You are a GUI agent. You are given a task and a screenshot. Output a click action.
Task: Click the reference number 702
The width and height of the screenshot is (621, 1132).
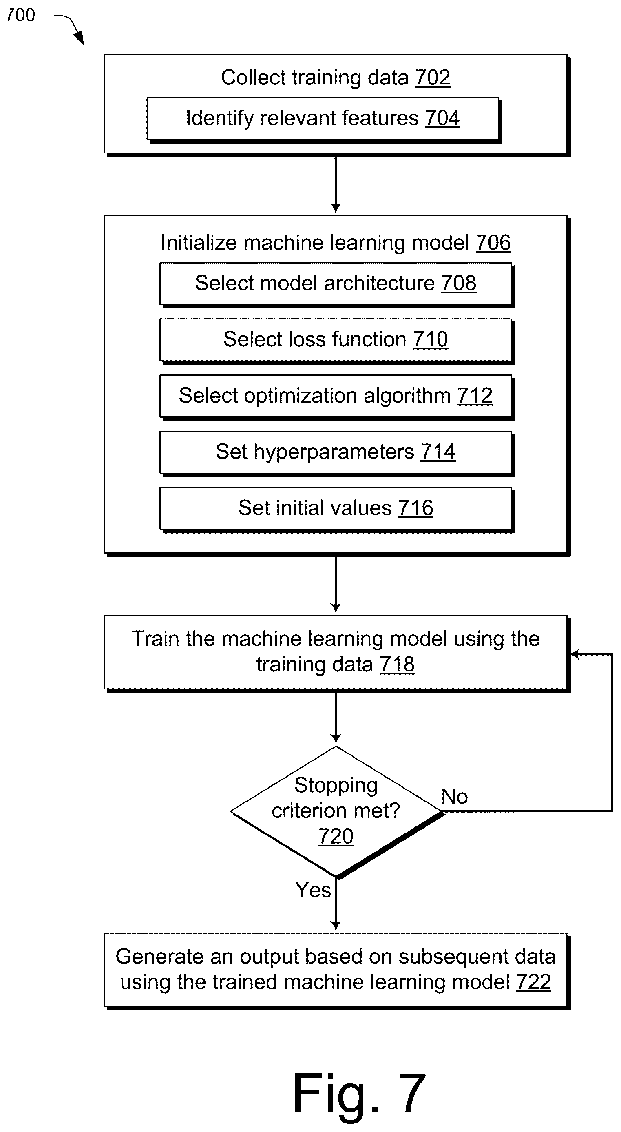[x=433, y=78]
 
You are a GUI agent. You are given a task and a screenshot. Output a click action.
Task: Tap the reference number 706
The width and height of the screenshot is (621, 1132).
[x=493, y=243]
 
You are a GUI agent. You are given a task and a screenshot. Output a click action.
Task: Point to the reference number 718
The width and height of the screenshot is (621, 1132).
[x=397, y=664]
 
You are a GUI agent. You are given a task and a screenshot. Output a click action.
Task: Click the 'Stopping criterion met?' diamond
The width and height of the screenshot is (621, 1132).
[x=337, y=811]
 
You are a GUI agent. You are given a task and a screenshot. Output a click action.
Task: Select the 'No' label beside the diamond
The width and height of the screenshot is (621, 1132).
[x=455, y=796]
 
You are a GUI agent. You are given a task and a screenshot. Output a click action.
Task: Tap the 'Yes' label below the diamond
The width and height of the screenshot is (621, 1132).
[x=313, y=890]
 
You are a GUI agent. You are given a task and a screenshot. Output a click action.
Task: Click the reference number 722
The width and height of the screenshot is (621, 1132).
[x=534, y=982]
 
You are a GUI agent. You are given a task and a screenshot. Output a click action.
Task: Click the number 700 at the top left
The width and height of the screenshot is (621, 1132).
[x=21, y=16]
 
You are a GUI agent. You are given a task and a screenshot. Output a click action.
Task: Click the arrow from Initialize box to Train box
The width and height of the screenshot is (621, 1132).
[x=336, y=585]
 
